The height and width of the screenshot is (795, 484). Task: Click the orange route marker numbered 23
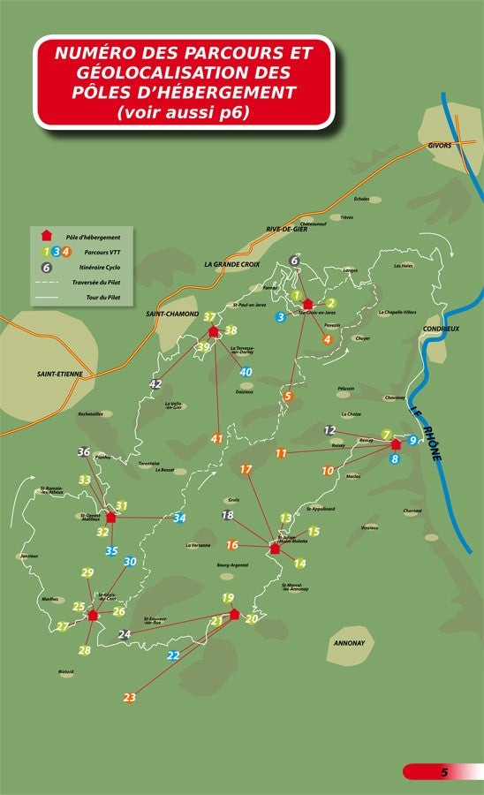[130, 698]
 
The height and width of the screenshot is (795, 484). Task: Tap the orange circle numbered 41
[217, 438]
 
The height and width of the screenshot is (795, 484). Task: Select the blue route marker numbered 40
[246, 372]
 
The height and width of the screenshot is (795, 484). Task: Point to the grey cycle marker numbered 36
[84, 452]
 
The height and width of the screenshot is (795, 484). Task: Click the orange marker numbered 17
[246, 469]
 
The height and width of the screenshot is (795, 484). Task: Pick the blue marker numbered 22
[173, 655]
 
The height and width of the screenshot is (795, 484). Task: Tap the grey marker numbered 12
[329, 430]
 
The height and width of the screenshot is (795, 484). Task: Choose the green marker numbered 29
[87, 572]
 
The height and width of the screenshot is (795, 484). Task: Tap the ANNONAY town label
[349, 642]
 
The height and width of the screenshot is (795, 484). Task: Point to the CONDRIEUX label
[441, 328]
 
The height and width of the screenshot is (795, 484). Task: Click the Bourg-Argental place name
[232, 564]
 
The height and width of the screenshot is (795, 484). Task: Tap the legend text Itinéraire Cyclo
[89, 267]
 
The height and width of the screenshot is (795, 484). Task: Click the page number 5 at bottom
[445, 772]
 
